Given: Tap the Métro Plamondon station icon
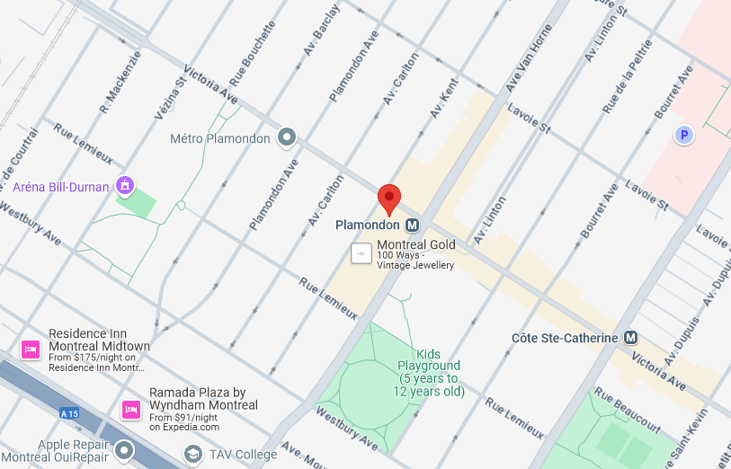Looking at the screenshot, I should click(x=287, y=137).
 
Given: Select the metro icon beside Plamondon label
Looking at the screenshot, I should click(x=413, y=225).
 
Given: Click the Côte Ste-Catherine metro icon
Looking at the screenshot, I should click(x=631, y=338).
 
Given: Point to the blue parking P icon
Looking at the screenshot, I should click(x=684, y=135).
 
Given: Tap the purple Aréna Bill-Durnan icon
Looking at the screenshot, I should click(x=125, y=186).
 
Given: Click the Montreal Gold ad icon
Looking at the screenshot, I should click(x=361, y=253).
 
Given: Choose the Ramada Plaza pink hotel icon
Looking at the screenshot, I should click(x=130, y=410).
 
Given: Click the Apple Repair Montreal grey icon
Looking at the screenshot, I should click(x=124, y=450).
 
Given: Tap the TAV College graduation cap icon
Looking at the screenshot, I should click(x=192, y=455).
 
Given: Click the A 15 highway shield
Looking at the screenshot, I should click(x=69, y=413).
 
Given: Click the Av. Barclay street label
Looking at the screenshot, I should click(x=322, y=31).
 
